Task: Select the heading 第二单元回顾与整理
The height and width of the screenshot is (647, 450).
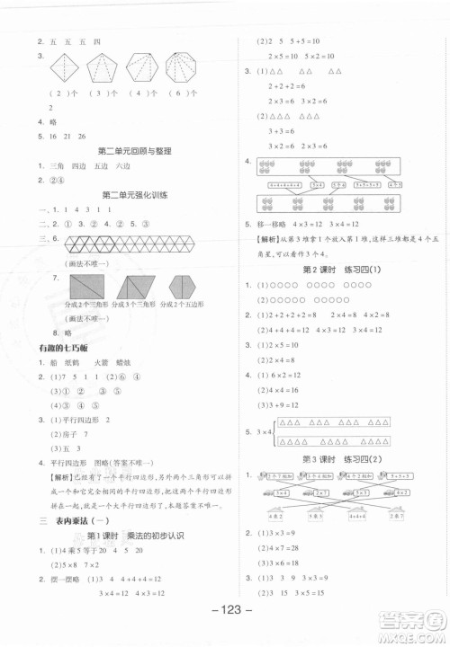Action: [134, 151]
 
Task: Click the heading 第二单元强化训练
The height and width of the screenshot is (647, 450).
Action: [134, 194]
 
